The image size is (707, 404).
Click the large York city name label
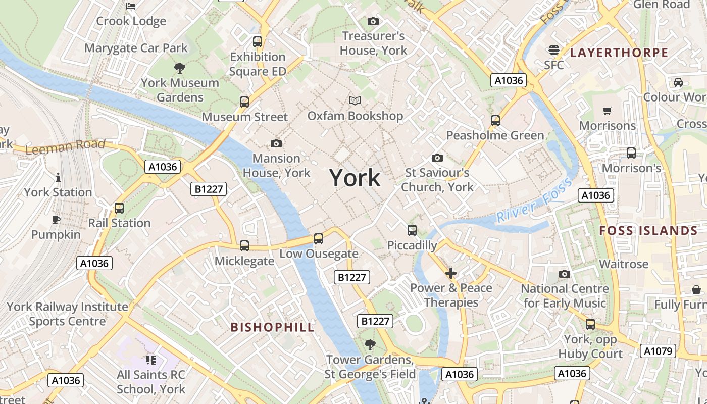355,178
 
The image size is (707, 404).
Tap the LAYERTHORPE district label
619,53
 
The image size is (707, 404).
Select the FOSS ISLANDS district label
648,231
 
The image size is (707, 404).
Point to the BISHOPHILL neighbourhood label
273,327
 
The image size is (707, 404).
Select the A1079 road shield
658,351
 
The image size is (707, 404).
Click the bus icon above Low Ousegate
319,239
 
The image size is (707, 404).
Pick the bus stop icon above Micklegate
244,246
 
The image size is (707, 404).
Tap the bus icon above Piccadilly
412,230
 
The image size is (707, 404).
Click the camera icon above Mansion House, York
276,144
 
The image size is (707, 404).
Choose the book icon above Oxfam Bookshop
356,101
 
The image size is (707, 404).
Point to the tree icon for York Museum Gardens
179,68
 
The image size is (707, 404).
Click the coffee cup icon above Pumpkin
56,220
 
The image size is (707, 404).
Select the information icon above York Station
58,177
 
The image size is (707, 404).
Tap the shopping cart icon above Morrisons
608,111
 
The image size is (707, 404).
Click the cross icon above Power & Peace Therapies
451,273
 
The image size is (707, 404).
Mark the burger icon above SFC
554,50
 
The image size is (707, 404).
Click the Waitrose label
623,264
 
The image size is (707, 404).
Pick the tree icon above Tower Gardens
370,345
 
